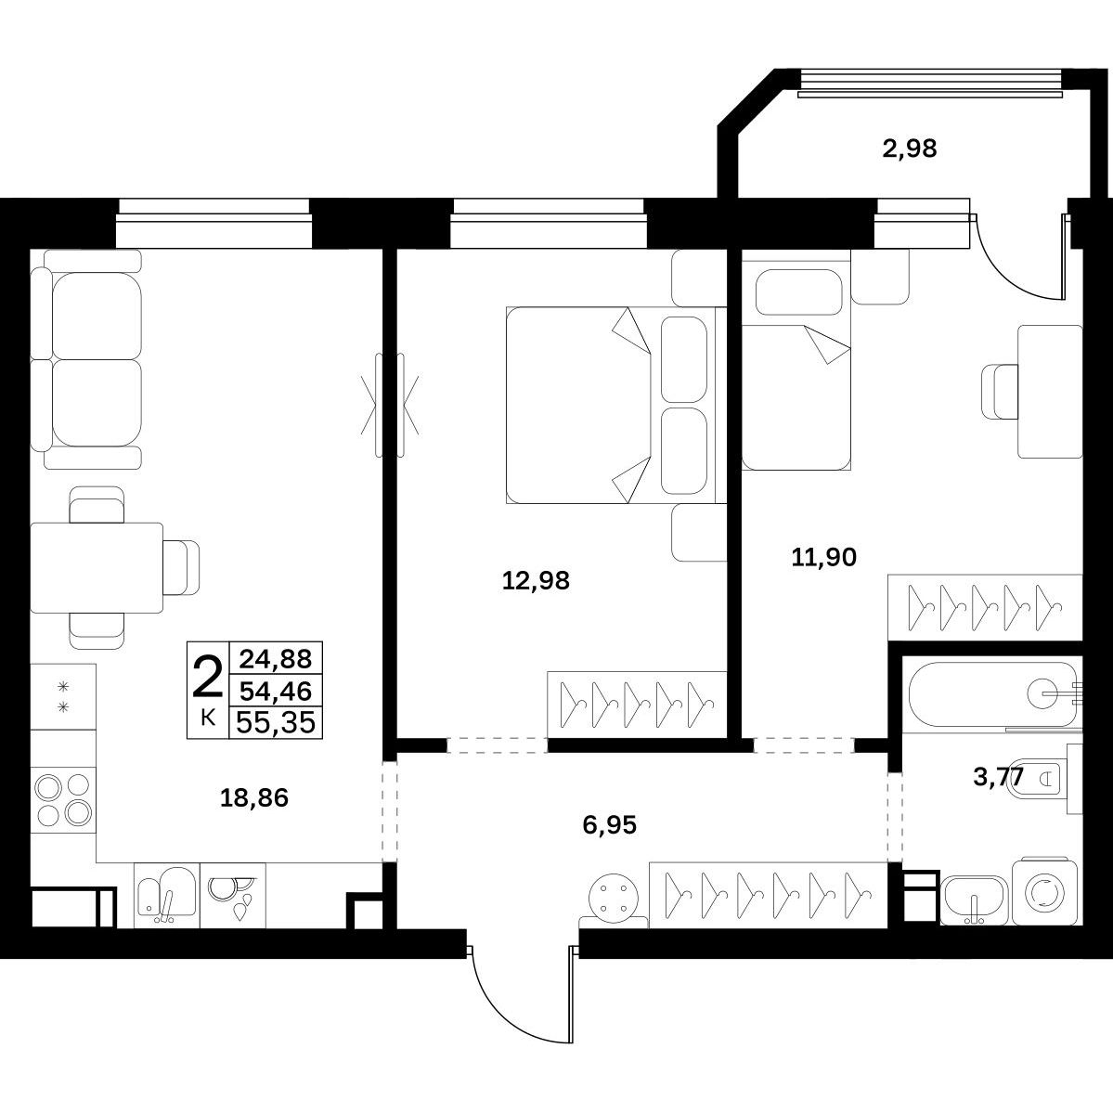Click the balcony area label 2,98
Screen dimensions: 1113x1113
[x=910, y=149]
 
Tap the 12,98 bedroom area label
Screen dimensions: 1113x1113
[x=536, y=580]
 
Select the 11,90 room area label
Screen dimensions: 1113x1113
[x=823, y=557]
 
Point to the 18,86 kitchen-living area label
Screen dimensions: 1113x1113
[x=254, y=797]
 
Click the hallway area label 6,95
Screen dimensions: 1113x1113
[x=609, y=825]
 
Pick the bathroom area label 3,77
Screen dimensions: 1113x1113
[x=998, y=777]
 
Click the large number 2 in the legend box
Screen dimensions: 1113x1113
[x=207, y=679]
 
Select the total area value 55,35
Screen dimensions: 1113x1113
[x=276, y=722]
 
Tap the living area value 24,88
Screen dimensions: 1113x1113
[x=276, y=659]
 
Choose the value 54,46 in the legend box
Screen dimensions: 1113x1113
[x=276, y=690]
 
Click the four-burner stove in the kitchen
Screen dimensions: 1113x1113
[x=63, y=797]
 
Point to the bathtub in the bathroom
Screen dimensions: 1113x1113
[x=991, y=694]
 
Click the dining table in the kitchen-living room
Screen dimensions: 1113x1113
[x=97, y=568]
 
